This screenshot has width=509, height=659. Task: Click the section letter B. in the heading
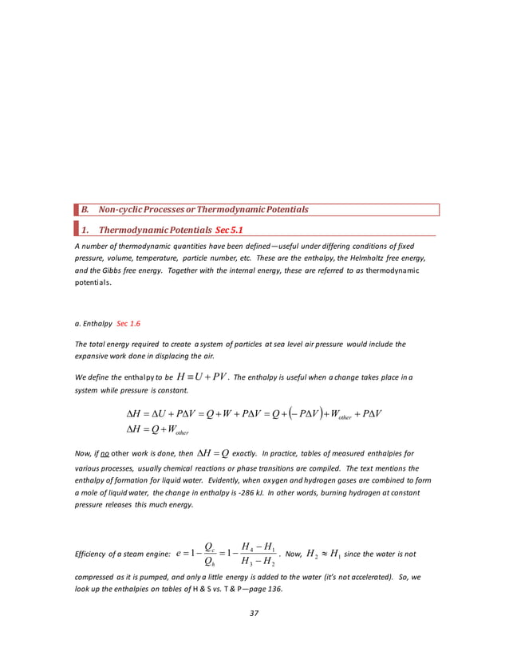tap(82, 210)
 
